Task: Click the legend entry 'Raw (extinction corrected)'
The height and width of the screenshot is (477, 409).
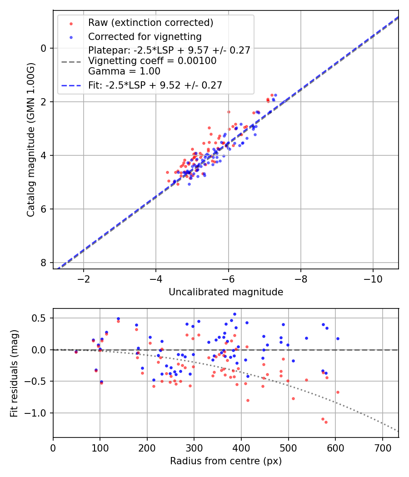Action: click(150, 23)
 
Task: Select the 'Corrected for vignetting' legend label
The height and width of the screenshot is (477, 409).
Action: click(145, 36)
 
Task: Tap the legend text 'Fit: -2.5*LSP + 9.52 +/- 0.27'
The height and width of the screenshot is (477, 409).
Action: click(155, 85)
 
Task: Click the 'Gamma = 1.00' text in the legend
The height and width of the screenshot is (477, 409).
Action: click(124, 71)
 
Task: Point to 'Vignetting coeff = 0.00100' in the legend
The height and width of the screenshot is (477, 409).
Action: click(152, 60)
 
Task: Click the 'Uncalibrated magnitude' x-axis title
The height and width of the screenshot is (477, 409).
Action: click(226, 292)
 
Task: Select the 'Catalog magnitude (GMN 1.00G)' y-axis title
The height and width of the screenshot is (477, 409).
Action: click(30, 139)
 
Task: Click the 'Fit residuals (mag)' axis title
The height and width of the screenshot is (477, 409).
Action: click(14, 373)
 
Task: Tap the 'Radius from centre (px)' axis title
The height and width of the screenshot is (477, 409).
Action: click(226, 461)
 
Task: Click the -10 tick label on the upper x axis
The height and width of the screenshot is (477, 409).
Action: click(373, 278)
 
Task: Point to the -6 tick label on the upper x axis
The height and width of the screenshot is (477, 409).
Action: click(228, 278)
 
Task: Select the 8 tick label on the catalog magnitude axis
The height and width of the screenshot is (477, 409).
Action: click(44, 263)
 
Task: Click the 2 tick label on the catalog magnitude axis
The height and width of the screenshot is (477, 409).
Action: click(44, 102)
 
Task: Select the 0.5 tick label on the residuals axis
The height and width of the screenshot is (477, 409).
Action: click(40, 318)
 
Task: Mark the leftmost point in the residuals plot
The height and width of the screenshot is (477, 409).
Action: click(76, 352)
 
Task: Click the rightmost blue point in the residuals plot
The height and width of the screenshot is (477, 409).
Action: click(338, 338)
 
